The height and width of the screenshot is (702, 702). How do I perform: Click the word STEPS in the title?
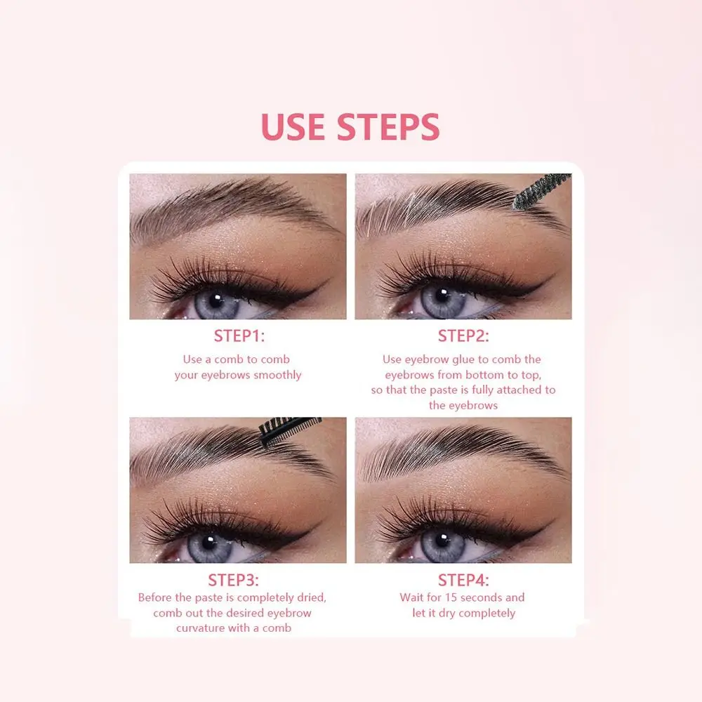[x=388, y=126]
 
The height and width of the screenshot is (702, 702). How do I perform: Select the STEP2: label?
[x=463, y=336]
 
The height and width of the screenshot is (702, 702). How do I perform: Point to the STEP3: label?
[x=233, y=581]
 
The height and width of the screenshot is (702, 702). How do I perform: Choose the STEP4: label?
[x=463, y=581]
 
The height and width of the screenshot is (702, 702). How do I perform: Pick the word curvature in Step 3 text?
[x=204, y=628]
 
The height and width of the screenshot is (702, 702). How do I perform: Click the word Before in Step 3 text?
[x=156, y=597]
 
